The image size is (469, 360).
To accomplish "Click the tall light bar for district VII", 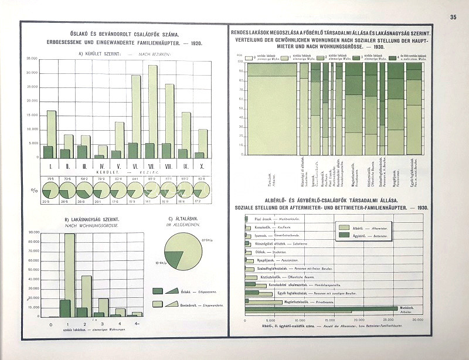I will coord(152,111).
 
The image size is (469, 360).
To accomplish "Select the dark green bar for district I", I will coord(48,152).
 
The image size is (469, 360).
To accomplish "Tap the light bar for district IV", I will coord(103,151).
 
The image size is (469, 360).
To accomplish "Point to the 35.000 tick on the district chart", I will coord(31,58).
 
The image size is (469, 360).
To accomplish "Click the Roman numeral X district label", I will coord(203,166).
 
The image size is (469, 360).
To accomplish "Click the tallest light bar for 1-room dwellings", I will coord(70,276).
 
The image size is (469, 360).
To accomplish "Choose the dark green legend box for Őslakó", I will coord(158,291).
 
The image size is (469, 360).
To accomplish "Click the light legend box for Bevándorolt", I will coord(158,304).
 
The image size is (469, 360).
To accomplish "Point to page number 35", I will coord(453,17).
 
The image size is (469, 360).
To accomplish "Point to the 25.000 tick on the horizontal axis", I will coord(390,320).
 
